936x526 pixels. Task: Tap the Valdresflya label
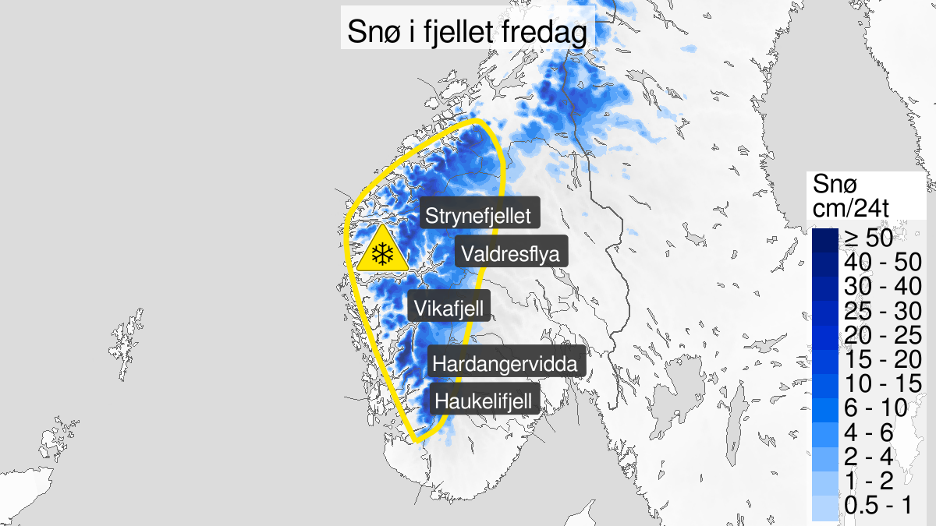pos(511,253)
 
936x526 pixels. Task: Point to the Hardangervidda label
pos(506,364)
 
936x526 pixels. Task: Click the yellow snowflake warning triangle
pos(381,252)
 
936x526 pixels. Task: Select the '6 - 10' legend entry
pos(877,407)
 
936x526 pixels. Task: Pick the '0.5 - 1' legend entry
pos(877,504)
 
